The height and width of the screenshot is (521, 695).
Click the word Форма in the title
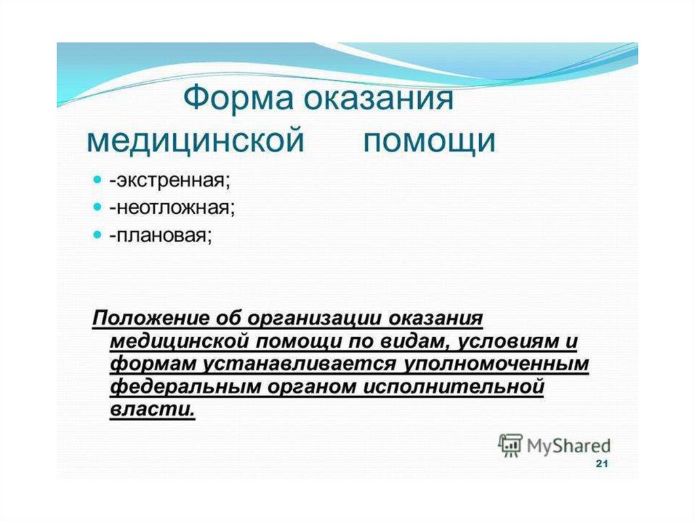pyautogui.click(x=238, y=98)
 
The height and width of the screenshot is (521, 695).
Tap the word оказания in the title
pyautogui.click(x=379, y=98)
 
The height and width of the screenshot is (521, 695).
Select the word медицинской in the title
pyautogui.click(x=195, y=141)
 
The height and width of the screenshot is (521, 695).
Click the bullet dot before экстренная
pyautogui.click(x=98, y=180)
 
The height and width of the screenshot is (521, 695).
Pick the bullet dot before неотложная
pyautogui.click(x=98, y=207)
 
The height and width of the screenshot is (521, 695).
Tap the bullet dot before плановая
pyautogui.click(x=98, y=235)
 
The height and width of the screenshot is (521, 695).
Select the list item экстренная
pyautogui.click(x=170, y=181)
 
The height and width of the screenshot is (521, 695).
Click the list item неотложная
pyautogui.click(x=172, y=208)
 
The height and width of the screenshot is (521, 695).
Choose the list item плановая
pyautogui.click(x=161, y=236)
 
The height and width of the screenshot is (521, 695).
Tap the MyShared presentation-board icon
pyautogui.click(x=510, y=445)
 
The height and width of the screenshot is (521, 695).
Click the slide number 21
pyautogui.click(x=602, y=464)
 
